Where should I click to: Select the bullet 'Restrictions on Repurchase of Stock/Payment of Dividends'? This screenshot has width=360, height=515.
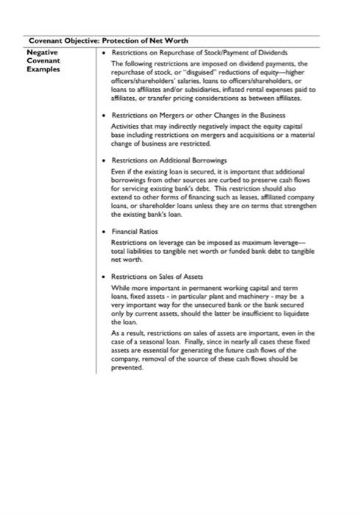[199, 53]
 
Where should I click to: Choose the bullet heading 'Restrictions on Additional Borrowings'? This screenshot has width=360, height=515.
[169, 159]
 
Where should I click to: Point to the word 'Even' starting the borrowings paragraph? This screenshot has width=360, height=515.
[118, 169]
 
